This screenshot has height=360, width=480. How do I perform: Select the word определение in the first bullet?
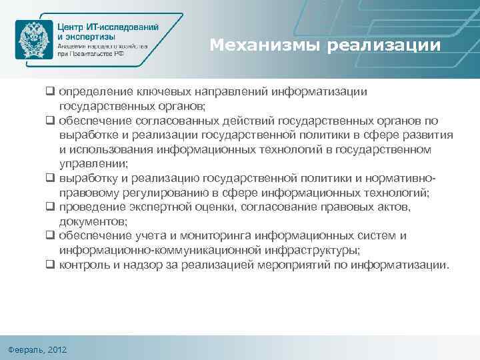point(92,91)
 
